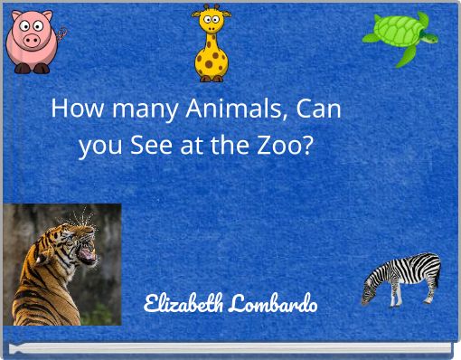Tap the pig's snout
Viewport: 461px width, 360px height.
pos(32,41)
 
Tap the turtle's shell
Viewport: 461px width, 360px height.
pos(396,33)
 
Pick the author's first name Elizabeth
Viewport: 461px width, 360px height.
pos(184,302)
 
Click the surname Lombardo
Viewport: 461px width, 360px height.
pos(273,302)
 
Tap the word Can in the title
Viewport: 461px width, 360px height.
pos(318,109)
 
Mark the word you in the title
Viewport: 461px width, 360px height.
pos(99,144)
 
